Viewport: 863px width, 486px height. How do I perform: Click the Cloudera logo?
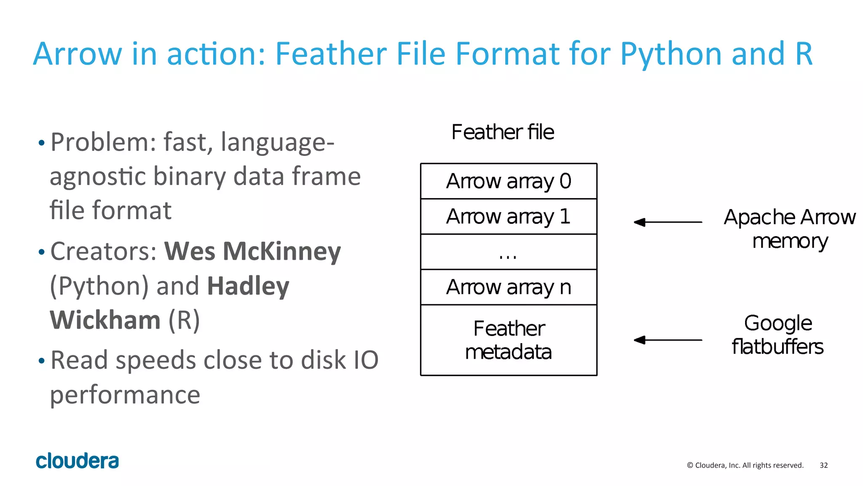[x=77, y=461]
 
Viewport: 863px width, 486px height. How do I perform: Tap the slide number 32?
[x=823, y=465]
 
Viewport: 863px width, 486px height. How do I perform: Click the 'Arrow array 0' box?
[x=509, y=181]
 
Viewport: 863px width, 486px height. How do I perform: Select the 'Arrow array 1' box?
[x=509, y=217]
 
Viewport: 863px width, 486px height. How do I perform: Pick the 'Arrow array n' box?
[x=509, y=287]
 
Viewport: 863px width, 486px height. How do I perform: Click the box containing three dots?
[x=509, y=252]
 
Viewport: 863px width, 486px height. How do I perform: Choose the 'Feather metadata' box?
[x=509, y=340]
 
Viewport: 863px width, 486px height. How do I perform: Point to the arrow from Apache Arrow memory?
[x=668, y=222]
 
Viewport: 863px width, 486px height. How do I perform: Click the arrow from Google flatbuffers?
[x=668, y=340]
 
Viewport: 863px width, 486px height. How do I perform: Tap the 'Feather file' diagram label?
[x=503, y=132]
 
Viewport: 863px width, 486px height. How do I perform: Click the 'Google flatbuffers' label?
[x=777, y=335]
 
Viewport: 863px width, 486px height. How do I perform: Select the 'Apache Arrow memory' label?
[x=790, y=229]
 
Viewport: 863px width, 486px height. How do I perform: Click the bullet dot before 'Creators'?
[x=41, y=252]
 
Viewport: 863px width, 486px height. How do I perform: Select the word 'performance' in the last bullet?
[x=125, y=395]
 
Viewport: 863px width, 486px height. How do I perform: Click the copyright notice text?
[x=745, y=465]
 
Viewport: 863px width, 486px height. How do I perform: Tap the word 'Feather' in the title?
[x=331, y=54]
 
